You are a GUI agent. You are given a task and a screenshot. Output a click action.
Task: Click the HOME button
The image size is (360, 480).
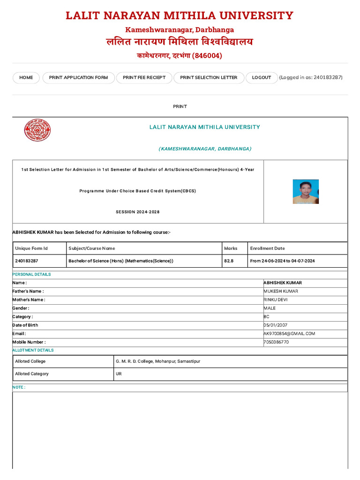[x=26, y=78]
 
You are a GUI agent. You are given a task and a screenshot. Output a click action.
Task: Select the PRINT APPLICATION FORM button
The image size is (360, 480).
[x=78, y=78]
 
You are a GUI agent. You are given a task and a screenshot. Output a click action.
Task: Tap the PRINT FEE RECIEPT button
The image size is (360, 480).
[x=144, y=78]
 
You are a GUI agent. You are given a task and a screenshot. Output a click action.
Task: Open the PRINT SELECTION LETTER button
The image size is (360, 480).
[x=209, y=78]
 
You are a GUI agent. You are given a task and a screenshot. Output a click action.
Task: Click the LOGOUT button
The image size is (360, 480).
[x=262, y=78]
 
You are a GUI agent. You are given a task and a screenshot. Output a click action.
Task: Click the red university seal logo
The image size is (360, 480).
[x=37, y=130]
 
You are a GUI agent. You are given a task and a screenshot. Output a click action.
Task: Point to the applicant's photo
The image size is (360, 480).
[x=306, y=192]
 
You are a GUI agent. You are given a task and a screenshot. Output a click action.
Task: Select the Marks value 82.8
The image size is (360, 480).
[x=229, y=261]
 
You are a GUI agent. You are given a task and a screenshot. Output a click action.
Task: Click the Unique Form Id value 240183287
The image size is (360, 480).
[x=27, y=261]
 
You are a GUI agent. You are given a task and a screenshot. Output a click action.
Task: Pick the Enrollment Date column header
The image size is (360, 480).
[x=267, y=248]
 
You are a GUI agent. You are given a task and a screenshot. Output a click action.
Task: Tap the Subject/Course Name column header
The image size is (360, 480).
[x=92, y=248]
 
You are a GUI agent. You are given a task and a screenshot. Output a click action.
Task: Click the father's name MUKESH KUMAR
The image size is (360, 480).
[x=281, y=292]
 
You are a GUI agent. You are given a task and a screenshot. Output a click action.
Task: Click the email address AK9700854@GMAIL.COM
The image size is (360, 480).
[x=289, y=334]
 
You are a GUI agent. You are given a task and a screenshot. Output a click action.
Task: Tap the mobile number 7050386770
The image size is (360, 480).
[x=277, y=342]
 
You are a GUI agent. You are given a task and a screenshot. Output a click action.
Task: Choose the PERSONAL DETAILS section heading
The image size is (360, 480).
[x=31, y=274]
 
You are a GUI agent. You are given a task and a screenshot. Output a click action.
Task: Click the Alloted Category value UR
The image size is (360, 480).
[x=119, y=374]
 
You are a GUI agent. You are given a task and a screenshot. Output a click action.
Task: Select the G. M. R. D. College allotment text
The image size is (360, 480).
[x=158, y=361]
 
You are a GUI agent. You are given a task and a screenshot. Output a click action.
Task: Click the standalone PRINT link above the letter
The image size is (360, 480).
[x=180, y=106]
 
